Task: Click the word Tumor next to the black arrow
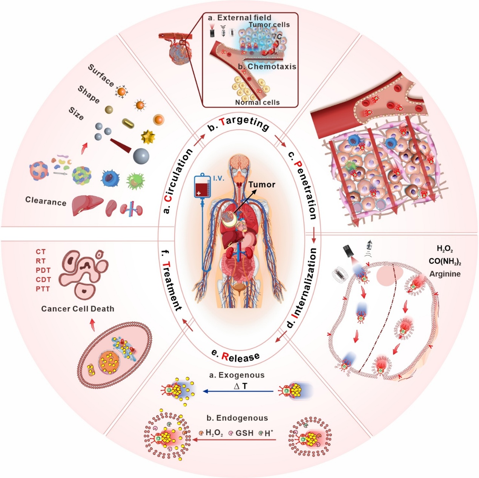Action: pyautogui.click(x=262, y=185)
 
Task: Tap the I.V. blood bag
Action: pyautogui.click(x=202, y=186)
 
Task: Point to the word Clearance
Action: pyautogui.click(x=46, y=201)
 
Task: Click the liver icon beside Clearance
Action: pyautogui.click(x=87, y=204)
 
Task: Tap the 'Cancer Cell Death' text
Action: pyautogui.click(x=78, y=309)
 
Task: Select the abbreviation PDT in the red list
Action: pyautogui.click(x=43, y=270)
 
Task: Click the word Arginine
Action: pyautogui.click(x=445, y=274)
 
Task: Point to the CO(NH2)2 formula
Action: pyautogui.click(x=445, y=261)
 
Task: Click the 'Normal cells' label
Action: pyautogui.click(x=257, y=102)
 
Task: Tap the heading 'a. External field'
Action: pyautogui.click(x=239, y=18)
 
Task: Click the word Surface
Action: pyautogui.click(x=101, y=75)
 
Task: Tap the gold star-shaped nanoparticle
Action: pyautogui.click(x=148, y=137)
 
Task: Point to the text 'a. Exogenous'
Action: pyautogui.click(x=237, y=375)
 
